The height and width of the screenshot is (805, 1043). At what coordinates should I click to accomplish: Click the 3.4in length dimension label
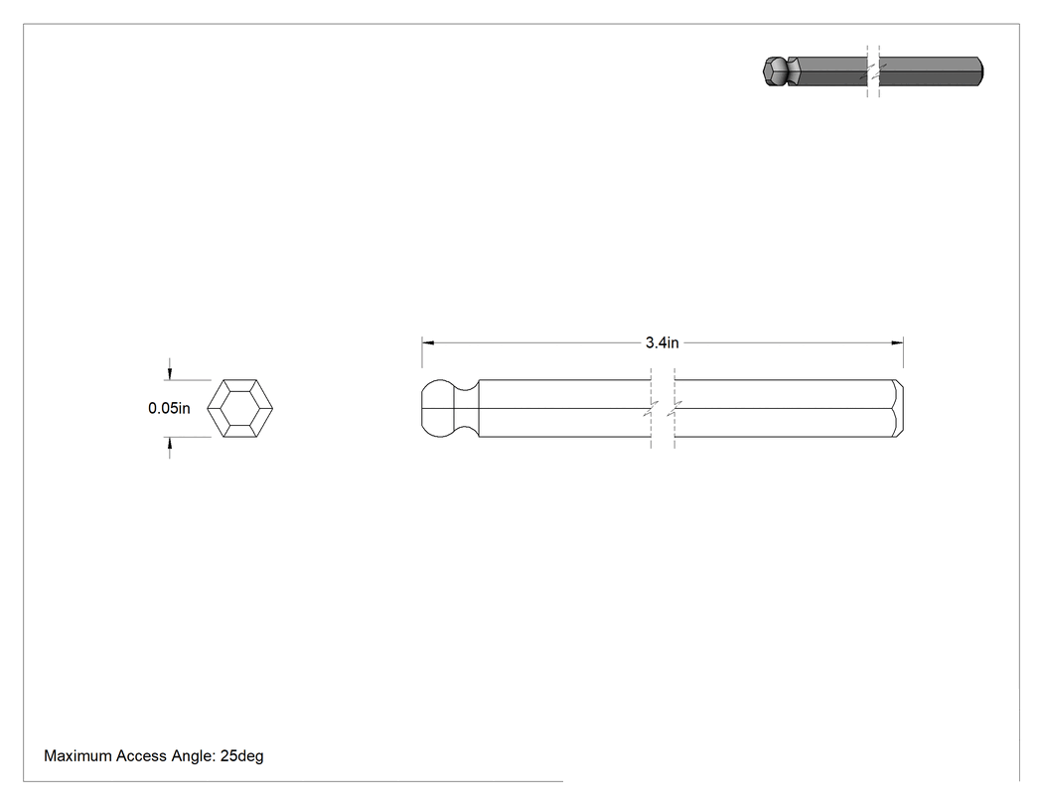pyautogui.click(x=662, y=342)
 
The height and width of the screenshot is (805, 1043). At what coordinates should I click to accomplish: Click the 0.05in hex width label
pyautogui.click(x=169, y=408)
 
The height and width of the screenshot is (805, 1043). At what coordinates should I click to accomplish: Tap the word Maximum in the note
pyautogui.click(x=76, y=755)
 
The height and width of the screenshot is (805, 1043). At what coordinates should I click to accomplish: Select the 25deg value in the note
pyautogui.click(x=242, y=755)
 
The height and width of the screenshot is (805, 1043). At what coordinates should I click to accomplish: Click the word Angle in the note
pyautogui.click(x=193, y=755)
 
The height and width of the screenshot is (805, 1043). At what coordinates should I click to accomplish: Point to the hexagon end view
pyautogui.click(x=240, y=408)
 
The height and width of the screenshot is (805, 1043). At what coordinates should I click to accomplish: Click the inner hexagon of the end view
pyautogui.click(x=240, y=408)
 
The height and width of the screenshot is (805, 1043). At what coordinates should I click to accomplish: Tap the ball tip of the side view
pyautogui.click(x=438, y=408)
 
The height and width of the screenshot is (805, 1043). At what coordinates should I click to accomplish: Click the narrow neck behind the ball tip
pyautogui.click(x=467, y=408)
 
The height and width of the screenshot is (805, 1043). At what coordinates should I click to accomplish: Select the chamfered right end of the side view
pyautogui.click(x=898, y=408)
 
